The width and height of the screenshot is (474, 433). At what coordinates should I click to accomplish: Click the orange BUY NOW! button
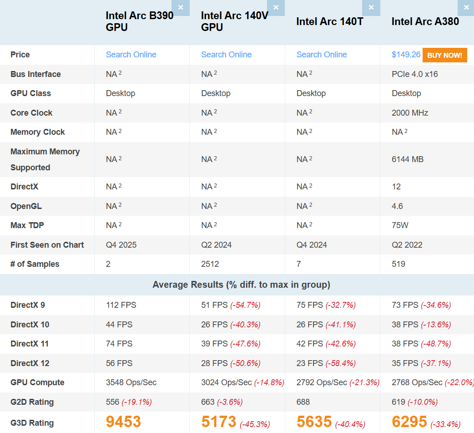[x=444, y=55]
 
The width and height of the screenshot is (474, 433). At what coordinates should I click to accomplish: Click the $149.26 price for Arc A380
[x=406, y=55]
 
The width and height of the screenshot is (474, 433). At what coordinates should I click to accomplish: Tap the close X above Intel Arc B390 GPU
[x=181, y=8]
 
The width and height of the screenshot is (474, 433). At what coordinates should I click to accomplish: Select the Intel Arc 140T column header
[x=329, y=21]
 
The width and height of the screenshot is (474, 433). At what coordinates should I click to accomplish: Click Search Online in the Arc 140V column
[x=226, y=55]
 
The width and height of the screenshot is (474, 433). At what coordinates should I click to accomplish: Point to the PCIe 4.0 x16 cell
[x=414, y=74]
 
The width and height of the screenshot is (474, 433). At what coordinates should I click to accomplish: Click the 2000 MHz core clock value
[x=410, y=113]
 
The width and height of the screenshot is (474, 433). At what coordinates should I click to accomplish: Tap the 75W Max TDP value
[x=400, y=225]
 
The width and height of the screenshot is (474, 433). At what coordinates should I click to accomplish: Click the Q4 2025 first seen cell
[x=121, y=245]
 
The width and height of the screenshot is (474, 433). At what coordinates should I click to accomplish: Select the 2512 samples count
[x=210, y=264]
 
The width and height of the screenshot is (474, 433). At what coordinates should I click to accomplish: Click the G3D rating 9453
[x=123, y=422]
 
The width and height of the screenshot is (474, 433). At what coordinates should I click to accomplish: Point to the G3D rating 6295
[x=409, y=422]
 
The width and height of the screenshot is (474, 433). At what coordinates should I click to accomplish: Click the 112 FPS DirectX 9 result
[x=121, y=305]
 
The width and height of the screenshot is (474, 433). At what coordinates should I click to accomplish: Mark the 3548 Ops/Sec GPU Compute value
[x=131, y=382]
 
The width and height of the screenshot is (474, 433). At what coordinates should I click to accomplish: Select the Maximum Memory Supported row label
[x=45, y=159]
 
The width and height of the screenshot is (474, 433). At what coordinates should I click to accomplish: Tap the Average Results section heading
[x=241, y=285]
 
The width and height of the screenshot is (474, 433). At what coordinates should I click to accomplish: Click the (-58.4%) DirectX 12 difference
[x=340, y=363]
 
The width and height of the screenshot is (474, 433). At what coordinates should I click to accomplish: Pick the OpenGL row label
[x=26, y=206]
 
